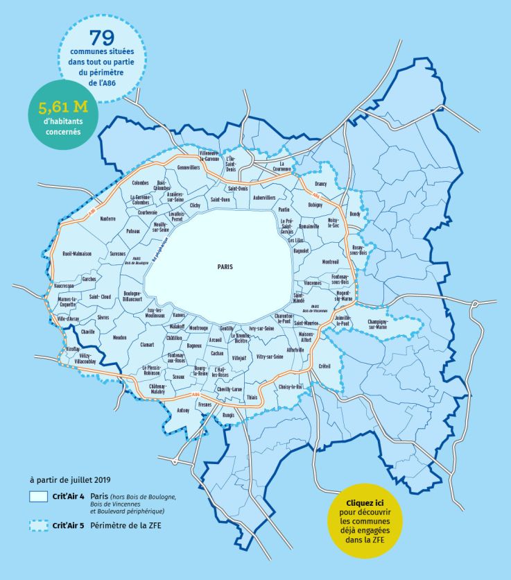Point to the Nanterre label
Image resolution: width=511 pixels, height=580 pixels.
pyautogui.click(x=107, y=219)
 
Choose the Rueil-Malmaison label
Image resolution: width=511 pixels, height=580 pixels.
pyautogui.click(x=76, y=254)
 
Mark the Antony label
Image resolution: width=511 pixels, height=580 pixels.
pyautogui.click(x=183, y=410)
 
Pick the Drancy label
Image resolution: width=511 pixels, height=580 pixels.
pyautogui.click(x=320, y=184)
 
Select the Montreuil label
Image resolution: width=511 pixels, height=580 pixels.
pyautogui.click(x=331, y=262)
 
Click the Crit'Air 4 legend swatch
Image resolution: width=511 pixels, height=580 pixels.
pyautogui.click(x=38, y=497)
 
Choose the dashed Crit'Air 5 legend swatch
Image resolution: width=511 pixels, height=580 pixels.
pyautogui.click(x=38, y=526)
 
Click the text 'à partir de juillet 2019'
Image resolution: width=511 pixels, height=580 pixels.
pyautogui.click(x=70, y=479)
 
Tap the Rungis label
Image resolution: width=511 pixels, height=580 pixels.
pyautogui.click(x=229, y=415)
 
